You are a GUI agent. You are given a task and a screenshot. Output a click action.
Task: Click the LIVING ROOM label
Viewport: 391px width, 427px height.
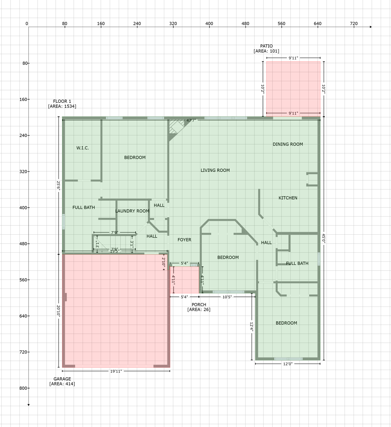(x=215, y=170)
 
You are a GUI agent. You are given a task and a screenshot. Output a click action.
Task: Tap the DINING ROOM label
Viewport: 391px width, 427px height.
(x=287, y=144)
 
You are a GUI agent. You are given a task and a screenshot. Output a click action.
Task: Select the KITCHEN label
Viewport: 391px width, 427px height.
(x=288, y=198)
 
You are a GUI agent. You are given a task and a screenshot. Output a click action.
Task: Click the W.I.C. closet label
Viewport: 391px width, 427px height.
(x=83, y=148)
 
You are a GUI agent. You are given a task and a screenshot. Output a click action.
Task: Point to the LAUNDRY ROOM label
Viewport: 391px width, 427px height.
(x=132, y=211)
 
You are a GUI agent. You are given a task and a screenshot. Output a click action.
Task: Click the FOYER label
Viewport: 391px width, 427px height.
(x=184, y=240)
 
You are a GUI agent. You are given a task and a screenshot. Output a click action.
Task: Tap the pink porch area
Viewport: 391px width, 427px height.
(x=184, y=280)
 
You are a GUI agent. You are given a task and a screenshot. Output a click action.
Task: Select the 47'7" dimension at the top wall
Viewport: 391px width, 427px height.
(x=191, y=120)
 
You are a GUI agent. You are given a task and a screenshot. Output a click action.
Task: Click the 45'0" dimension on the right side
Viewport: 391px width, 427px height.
(x=323, y=238)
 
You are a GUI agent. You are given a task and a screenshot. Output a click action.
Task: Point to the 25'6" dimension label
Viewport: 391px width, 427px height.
(x=58, y=186)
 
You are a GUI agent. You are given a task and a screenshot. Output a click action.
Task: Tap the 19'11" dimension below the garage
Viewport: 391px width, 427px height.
(x=116, y=371)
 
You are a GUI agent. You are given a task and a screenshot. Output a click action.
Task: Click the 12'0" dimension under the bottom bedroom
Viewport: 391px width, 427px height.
(x=287, y=364)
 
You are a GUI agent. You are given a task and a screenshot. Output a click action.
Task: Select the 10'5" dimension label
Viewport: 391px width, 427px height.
(x=227, y=297)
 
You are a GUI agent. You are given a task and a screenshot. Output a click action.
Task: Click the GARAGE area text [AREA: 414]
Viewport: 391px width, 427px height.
(x=62, y=384)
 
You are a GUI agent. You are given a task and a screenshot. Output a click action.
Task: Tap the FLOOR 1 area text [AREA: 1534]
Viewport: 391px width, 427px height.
(x=62, y=106)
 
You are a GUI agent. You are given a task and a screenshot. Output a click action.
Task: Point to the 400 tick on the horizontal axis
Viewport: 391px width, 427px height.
(x=209, y=24)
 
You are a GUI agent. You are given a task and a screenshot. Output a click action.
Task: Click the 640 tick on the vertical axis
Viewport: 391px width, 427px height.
(x=23, y=316)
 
